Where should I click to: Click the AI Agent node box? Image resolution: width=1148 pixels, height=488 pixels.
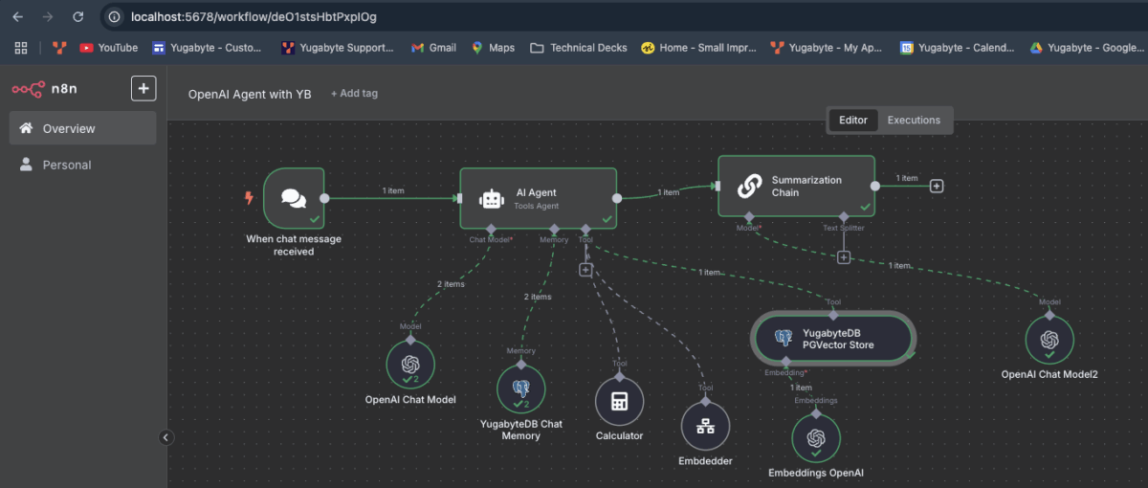(x=538, y=198)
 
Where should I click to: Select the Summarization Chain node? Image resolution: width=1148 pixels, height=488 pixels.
(x=796, y=186)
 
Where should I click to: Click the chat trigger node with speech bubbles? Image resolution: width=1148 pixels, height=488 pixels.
(x=294, y=198)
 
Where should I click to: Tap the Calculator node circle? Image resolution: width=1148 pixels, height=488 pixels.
(x=619, y=401)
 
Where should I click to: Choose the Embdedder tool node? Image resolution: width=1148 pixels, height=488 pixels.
(x=705, y=427)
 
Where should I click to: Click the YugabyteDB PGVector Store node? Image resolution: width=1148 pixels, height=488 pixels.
(x=832, y=339)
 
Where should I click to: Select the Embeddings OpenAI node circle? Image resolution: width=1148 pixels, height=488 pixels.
(x=815, y=438)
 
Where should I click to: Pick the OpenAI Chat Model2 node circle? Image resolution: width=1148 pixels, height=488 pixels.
(x=1049, y=340)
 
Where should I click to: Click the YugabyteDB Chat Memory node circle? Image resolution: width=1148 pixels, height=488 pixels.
(x=521, y=388)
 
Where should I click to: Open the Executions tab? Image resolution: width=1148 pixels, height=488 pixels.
(x=914, y=121)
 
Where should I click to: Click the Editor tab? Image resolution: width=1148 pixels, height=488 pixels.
(x=852, y=121)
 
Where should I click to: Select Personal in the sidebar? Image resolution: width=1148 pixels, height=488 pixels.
(x=67, y=165)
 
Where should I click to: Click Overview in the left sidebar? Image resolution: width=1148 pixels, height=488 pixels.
(x=69, y=128)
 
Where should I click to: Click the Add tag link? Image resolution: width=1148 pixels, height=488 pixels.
(x=354, y=94)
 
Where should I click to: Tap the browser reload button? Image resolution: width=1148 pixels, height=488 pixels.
(x=77, y=16)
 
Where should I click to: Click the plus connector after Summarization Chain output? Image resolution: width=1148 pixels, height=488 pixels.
(x=937, y=186)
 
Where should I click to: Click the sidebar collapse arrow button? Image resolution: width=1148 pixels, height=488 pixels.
(x=166, y=437)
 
